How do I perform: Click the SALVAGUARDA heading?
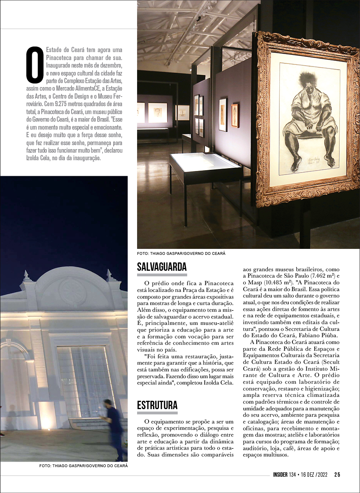tap(162, 266)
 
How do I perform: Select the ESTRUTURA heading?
tap(157, 406)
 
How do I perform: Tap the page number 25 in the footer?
tap(337, 474)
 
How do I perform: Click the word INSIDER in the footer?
tap(283, 474)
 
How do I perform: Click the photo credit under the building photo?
tap(83, 465)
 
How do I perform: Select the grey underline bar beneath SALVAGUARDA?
tap(162, 275)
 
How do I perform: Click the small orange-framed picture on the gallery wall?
tap(235, 116)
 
